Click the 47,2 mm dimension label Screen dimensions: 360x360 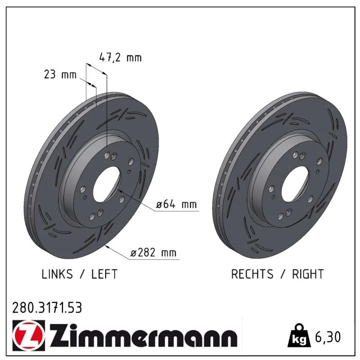(120, 58)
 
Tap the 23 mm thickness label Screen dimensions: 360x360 (60, 75)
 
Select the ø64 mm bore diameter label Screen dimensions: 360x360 (176, 204)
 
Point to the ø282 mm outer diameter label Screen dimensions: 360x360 (153, 252)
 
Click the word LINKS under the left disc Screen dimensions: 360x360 (57, 274)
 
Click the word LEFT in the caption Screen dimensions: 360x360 (104, 274)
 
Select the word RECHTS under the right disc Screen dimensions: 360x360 (252, 274)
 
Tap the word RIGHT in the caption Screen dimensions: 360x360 (308, 274)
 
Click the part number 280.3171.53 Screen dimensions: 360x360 (47, 308)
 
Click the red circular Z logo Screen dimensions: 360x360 (29, 335)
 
